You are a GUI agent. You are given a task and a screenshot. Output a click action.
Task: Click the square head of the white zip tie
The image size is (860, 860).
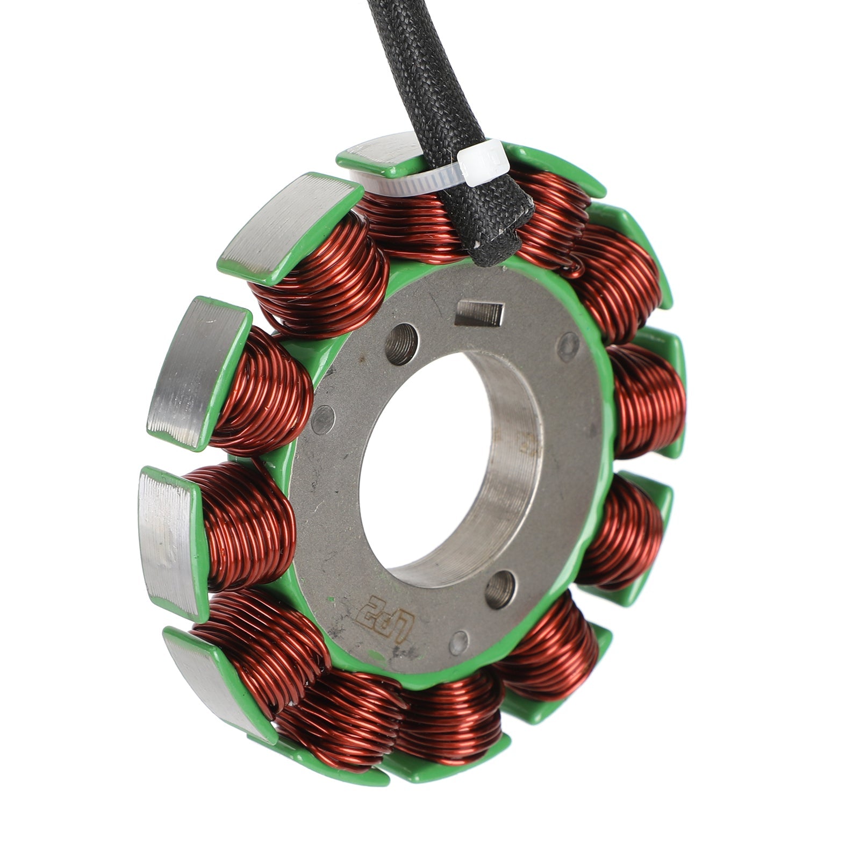[483, 163]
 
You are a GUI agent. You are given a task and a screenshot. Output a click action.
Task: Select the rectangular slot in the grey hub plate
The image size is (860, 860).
[479, 313]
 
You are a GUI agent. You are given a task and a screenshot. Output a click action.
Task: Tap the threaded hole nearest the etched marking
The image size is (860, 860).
[500, 589]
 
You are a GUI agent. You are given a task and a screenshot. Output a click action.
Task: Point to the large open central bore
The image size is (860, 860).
[425, 462]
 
